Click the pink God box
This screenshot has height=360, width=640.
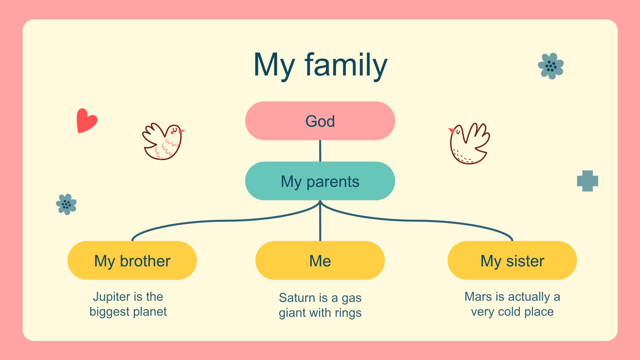point(320,121)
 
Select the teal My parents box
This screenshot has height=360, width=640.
point(320,181)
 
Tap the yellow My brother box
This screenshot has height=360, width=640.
point(132,260)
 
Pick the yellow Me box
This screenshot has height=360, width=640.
point(320,260)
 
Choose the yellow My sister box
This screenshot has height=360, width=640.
point(512,260)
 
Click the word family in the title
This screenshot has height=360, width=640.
point(346,65)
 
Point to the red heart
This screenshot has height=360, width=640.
point(87,121)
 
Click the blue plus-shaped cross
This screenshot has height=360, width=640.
point(588,181)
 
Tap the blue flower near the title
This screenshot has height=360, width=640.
point(551,66)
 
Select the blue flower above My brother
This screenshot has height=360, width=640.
point(66,204)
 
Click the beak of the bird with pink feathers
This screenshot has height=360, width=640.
point(182,131)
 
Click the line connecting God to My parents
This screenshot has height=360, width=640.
point(320,151)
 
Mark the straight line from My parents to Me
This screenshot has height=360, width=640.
point(320,221)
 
